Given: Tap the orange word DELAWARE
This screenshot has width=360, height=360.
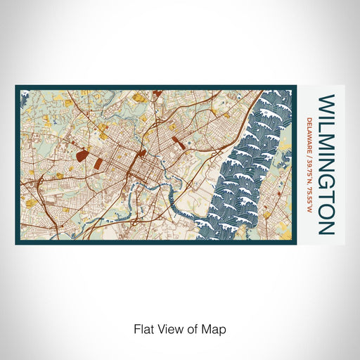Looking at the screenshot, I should [310, 133].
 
